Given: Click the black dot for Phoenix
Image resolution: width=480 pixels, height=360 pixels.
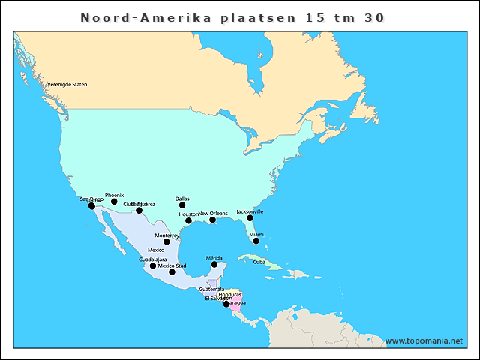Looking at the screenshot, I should pos(114,201).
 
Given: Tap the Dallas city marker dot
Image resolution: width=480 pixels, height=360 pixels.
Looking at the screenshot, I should pos(181,205).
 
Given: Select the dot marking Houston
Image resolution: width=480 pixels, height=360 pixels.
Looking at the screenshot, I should pos(188,220).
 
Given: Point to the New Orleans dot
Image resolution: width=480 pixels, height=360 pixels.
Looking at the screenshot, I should pos(212,220).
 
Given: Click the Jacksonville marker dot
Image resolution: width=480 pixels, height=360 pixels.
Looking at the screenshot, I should pos(250,218).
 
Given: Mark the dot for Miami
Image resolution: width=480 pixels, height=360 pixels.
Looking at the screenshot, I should pos(256,241).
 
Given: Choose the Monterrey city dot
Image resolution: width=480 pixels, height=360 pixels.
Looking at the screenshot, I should pos(166,241).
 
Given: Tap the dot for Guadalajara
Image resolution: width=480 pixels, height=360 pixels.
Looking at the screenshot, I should pos(153,265).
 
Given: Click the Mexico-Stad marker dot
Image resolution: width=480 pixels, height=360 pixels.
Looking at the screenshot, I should pos(172,271).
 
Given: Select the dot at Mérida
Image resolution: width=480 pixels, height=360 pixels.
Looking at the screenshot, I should pos(214,264).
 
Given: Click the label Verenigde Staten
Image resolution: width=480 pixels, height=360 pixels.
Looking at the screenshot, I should pos(67,84).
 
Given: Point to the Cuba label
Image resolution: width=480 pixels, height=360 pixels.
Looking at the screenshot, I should pos(259,262).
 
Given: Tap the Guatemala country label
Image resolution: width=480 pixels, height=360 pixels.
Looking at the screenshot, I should pos(211,289).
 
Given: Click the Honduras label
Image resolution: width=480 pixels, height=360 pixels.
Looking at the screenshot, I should pos(230,294).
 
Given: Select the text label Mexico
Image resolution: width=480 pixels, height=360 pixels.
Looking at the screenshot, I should pos(156,250).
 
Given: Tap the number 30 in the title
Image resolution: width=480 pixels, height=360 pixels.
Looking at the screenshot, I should pos(374,17).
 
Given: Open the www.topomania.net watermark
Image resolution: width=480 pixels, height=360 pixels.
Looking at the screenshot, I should pos(424,340).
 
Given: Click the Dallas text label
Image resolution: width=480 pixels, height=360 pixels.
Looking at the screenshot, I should pos(182,199).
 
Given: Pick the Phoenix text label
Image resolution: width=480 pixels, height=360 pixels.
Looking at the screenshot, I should pos(114,195).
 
